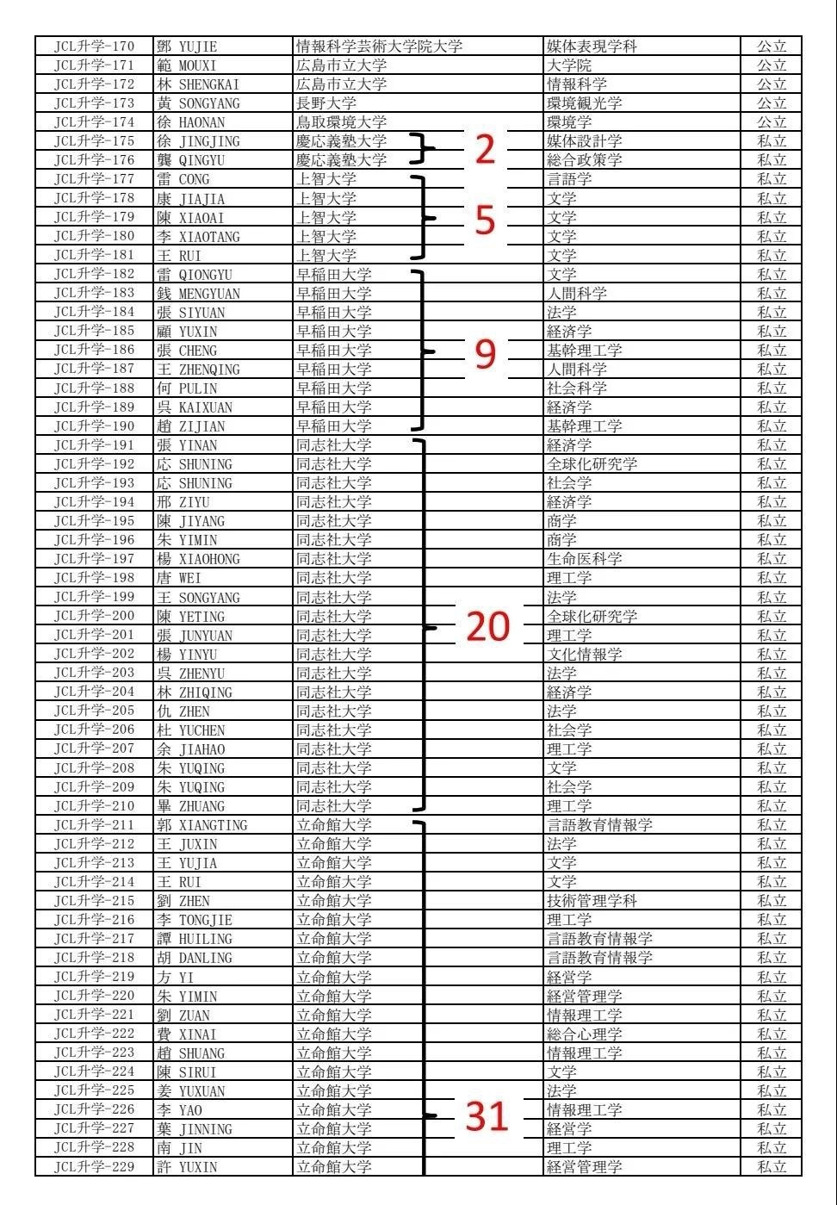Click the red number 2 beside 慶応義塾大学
click(x=486, y=150)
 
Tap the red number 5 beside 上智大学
click(x=486, y=220)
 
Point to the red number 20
click(x=488, y=627)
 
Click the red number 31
click(x=487, y=1116)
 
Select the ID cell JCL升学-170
click(x=95, y=47)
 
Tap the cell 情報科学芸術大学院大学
click(x=380, y=47)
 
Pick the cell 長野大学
click(x=326, y=103)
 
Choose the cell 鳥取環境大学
click(x=342, y=122)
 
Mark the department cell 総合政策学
click(x=585, y=160)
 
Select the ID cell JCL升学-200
click(x=95, y=617)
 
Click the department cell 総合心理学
click(x=585, y=1034)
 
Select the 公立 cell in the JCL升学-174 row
click(x=772, y=122)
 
